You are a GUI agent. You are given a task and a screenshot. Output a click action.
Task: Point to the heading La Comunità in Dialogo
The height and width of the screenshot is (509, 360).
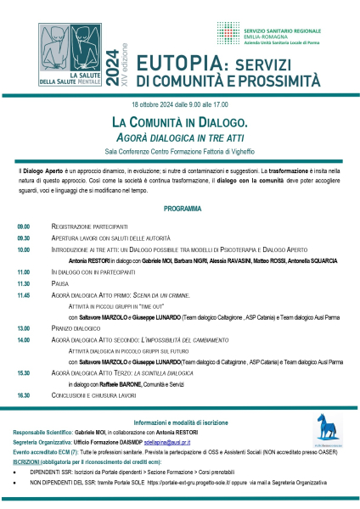click(x=181, y=122)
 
